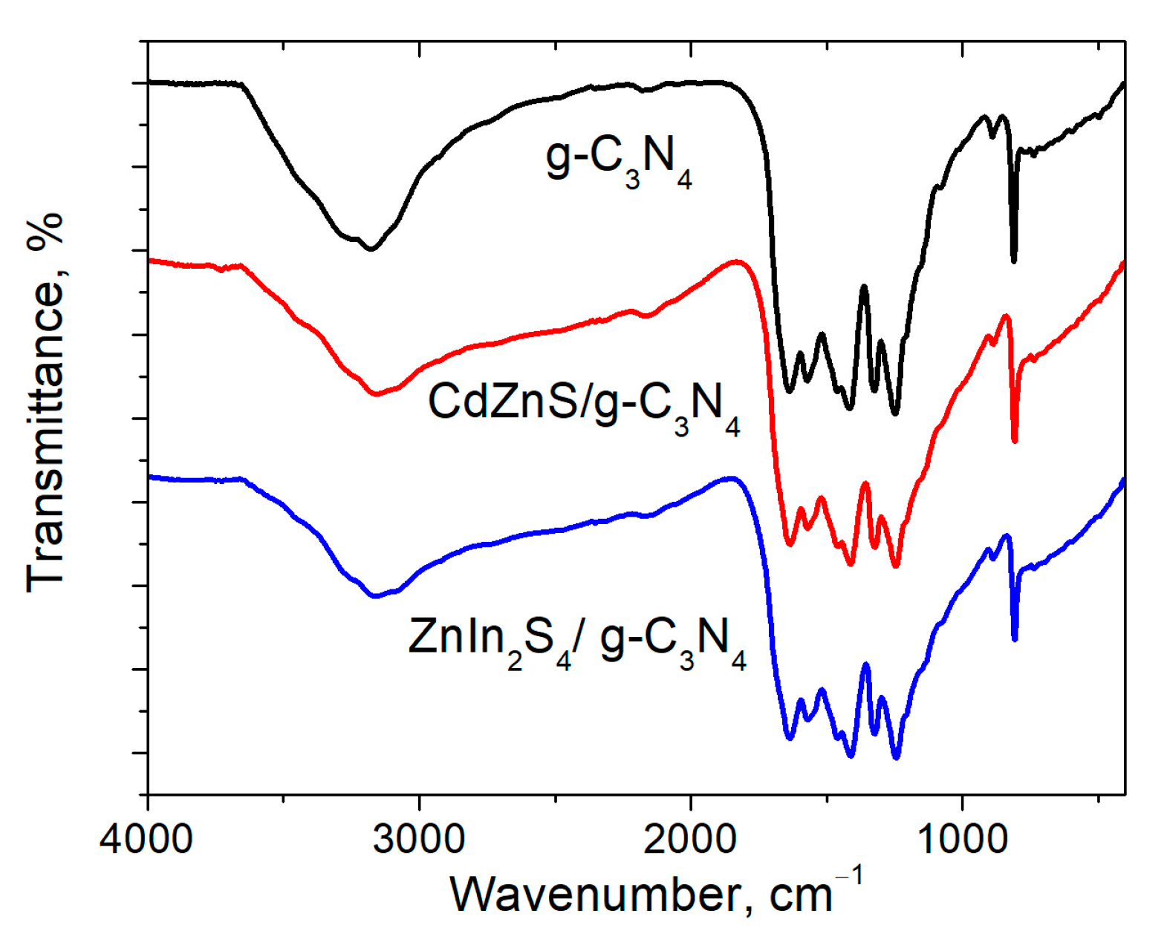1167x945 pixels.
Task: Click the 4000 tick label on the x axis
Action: (x=146, y=840)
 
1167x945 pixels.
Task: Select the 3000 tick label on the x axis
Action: (x=418, y=840)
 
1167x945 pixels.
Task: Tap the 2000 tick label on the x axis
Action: (x=690, y=840)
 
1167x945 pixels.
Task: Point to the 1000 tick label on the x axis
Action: (x=962, y=840)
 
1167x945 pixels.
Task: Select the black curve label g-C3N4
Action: (x=618, y=160)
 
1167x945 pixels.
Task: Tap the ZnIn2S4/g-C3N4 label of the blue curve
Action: (x=576, y=641)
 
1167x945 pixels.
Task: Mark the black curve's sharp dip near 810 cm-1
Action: (x=1013, y=259)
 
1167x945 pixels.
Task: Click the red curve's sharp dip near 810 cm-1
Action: (x=1015, y=440)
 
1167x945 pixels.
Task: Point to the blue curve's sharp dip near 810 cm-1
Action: (x=1015, y=638)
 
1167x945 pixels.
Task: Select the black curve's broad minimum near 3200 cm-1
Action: (x=371, y=249)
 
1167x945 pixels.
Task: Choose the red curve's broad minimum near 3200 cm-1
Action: (x=376, y=393)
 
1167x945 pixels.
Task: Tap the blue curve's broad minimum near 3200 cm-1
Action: (x=374, y=595)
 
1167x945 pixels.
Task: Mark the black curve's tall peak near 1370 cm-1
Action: (x=863, y=287)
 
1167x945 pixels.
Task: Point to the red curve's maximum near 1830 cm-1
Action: (x=736, y=261)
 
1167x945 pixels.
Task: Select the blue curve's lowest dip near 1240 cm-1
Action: (x=896, y=757)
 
